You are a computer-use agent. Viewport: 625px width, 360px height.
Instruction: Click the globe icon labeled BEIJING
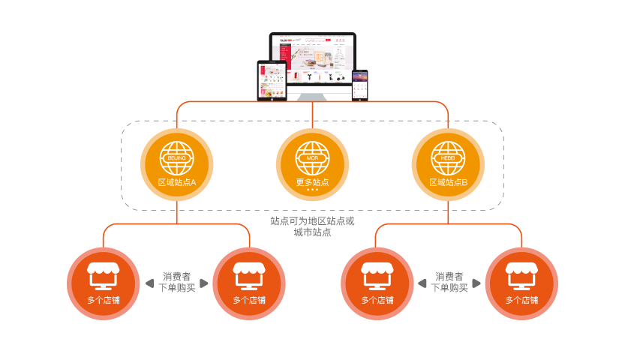point(176,157)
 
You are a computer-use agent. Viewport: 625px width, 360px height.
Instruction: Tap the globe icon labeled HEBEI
point(448,157)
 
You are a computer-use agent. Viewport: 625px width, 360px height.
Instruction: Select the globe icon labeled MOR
point(312,157)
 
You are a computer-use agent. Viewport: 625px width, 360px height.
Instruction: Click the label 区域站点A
point(177,182)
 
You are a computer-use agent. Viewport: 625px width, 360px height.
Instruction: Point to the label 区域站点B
point(449,182)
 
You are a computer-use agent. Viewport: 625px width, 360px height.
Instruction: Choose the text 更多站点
point(312,182)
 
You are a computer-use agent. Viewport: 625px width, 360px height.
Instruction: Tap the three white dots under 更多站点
point(312,190)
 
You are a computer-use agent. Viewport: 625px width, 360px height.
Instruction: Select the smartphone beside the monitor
point(360,84)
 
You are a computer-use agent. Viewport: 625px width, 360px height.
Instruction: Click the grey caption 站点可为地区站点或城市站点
point(312,227)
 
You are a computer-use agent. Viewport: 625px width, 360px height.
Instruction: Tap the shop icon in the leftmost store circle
point(104,275)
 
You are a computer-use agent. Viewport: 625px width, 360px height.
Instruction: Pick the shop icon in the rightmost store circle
point(521,275)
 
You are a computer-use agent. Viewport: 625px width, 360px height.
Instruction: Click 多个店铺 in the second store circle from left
point(249,300)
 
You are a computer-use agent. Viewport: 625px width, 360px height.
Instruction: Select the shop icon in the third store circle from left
point(377,275)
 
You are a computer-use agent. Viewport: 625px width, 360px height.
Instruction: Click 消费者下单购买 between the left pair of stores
point(176,282)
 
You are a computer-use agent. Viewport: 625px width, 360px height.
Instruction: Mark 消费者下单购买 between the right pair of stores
point(449,282)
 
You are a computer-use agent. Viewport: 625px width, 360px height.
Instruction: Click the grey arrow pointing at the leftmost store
point(149,283)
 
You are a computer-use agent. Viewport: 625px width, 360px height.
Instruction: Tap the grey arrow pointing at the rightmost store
point(476,283)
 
